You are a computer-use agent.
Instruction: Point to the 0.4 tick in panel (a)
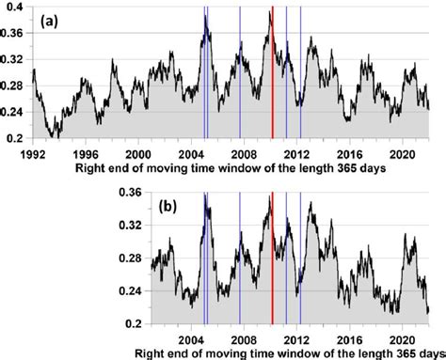(17, 8)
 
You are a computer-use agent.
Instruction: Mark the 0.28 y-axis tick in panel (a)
(13, 89)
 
